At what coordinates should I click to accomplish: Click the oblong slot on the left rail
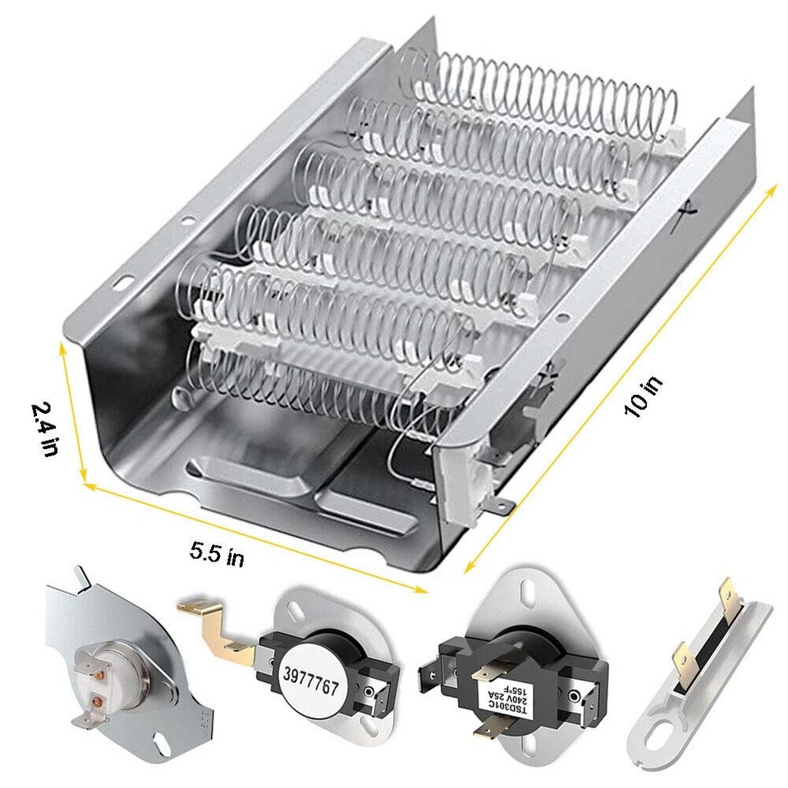click(x=126, y=282)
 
